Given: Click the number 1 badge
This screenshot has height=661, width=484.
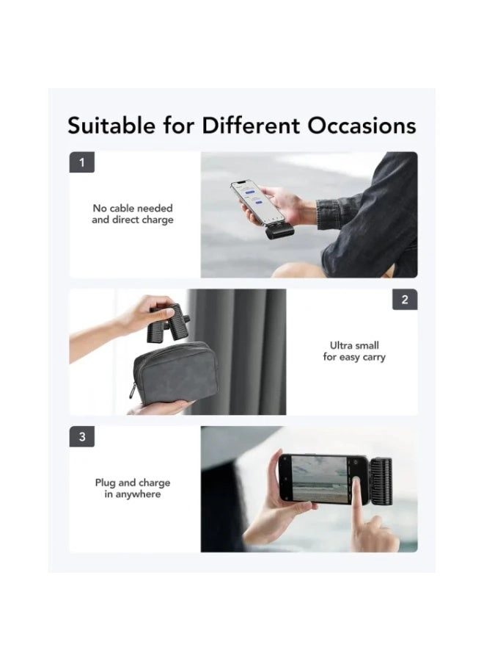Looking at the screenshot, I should pos(81,162).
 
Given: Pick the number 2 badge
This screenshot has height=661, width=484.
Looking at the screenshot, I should pos(405,300).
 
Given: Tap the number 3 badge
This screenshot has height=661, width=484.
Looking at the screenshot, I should pos(81,436).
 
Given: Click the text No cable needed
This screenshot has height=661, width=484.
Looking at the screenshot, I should pos(133,209).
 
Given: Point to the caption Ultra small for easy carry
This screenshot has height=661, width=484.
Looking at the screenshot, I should pos(354,351).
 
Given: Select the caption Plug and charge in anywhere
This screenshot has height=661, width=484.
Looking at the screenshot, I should pos(133,488).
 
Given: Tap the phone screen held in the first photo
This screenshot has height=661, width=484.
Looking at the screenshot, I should pos(252,200).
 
